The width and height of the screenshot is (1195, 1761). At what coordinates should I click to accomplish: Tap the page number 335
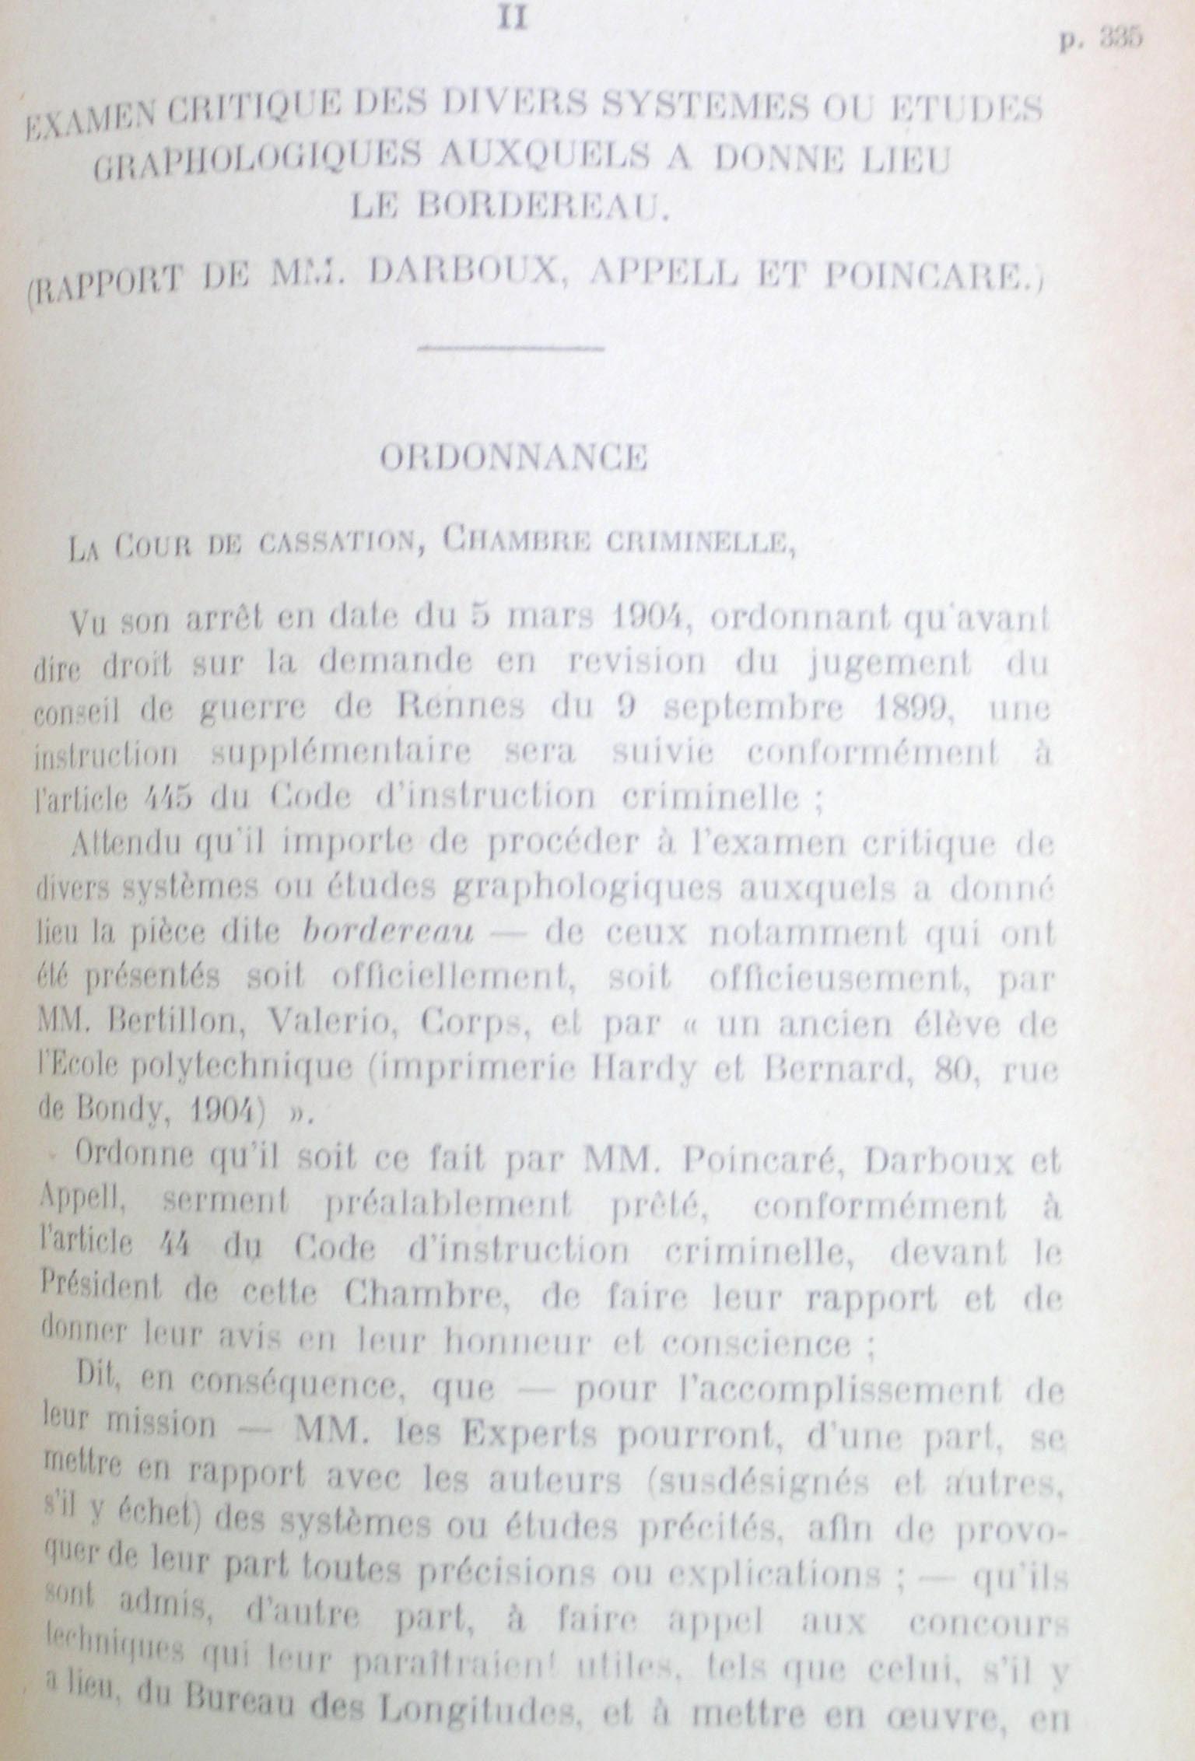(1118, 40)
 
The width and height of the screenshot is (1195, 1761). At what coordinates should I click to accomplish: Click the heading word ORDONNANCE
(513, 459)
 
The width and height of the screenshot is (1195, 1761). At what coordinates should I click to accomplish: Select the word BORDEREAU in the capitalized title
(510, 206)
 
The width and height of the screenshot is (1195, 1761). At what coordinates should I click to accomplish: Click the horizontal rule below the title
(511, 348)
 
